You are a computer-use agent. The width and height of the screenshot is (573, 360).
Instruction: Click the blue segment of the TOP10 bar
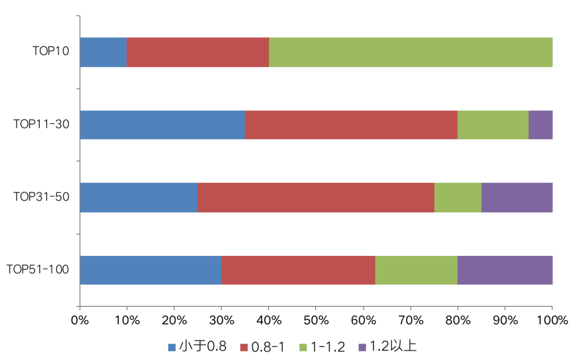click(x=103, y=52)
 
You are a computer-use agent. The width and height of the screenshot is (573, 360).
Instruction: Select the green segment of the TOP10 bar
click(x=410, y=52)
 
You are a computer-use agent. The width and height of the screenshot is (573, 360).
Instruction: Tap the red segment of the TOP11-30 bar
click(x=351, y=125)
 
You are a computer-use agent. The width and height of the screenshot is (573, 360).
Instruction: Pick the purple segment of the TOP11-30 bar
click(x=540, y=125)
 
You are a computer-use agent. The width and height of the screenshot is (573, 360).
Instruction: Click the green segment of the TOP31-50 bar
click(x=457, y=198)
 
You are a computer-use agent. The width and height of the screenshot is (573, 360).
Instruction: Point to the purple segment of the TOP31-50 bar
click(x=516, y=198)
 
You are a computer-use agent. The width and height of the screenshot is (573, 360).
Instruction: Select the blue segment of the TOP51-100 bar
click(x=150, y=270)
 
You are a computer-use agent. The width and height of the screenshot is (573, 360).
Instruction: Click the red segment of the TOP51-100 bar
click(x=298, y=270)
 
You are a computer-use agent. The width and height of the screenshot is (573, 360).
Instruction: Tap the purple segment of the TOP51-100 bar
click(x=505, y=270)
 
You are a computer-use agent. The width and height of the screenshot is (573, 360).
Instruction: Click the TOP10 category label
click(x=50, y=52)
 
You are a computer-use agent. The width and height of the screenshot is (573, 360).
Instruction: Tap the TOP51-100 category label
click(x=38, y=270)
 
